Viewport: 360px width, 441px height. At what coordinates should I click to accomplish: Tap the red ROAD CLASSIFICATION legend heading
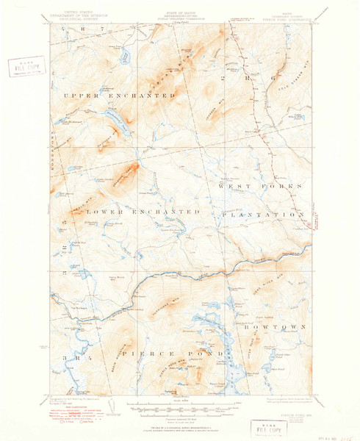pyautogui.click(x=73, y=409)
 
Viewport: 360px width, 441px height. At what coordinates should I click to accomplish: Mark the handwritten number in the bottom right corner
pyautogui.click(x=344, y=433)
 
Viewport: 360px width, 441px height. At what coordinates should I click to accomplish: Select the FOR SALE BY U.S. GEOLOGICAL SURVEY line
pyautogui.click(x=179, y=424)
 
